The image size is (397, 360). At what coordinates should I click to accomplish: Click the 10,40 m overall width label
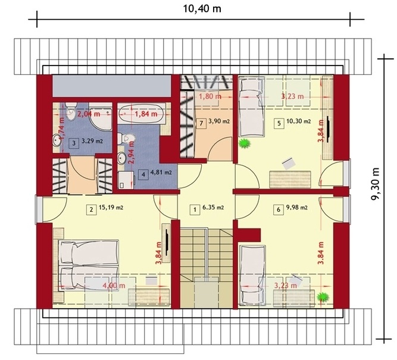202,9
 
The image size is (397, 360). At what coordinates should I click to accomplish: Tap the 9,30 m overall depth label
376,184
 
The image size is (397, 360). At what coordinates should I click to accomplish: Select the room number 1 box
195,209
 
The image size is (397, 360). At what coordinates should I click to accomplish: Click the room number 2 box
91,209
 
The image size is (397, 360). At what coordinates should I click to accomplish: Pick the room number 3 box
74,143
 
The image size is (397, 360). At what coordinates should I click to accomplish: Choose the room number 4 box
143,174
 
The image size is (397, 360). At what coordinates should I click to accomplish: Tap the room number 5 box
279,124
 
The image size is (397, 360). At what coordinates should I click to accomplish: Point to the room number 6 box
279,209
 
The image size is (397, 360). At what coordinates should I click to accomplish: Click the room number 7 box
201,124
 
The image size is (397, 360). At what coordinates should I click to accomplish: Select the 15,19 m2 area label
111,208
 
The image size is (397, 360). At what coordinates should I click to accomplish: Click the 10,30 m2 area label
298,121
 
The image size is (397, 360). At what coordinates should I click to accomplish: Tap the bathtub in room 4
141,114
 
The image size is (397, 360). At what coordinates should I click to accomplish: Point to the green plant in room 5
244,143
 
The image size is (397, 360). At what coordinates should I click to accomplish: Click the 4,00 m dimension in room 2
114,286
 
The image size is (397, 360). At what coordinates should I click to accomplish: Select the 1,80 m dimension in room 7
210,96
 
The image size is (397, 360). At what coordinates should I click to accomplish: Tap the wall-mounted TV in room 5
327,129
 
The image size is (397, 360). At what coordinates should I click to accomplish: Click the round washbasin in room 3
57,140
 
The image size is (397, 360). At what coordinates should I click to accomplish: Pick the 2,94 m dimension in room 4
132,153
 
